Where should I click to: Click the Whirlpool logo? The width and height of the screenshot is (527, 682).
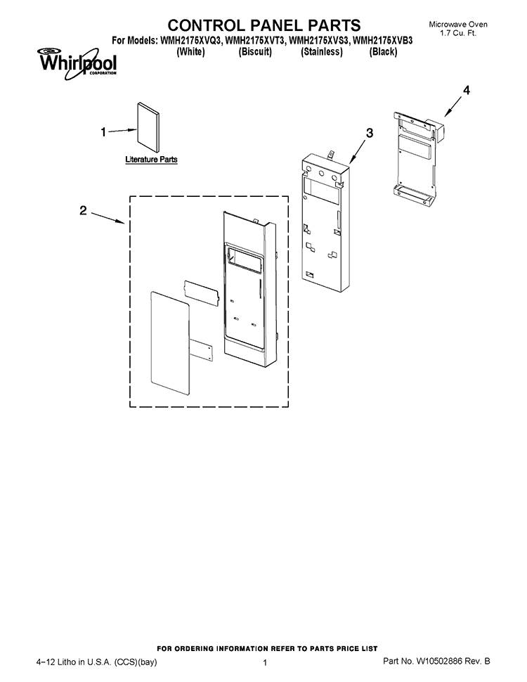coord(77,63)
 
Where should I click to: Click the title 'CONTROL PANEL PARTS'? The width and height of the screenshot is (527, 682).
coord(264,25)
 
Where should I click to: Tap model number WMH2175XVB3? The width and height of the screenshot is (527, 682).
coord(383,41)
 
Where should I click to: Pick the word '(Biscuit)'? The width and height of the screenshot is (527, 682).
coord(255,52)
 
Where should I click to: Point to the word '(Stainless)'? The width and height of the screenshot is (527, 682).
coord(322,52)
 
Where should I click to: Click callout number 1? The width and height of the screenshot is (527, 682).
coord(103,131)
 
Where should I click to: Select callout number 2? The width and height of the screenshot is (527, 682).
coord(83,210)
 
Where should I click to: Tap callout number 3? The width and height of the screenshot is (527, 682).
coord(369,133)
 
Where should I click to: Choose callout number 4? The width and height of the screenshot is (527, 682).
coord(466,90)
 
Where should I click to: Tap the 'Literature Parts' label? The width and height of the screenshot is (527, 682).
coord(151,159)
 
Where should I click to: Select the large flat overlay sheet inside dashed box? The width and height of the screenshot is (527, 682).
coord(170,344)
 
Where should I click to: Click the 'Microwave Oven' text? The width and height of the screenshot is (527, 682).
coord(458,25)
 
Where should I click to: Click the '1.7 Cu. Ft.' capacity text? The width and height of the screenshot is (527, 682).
coord(458,33)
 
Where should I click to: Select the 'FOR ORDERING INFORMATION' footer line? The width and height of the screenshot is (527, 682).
coord(267,648)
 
